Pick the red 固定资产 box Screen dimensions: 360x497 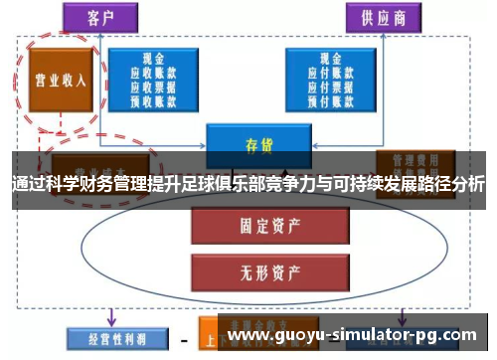[x=253, y=226]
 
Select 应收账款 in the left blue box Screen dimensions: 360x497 [x=154, y=73]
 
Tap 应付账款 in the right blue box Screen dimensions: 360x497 [x=323, y=73]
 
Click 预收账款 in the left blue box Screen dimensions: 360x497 [x=154, y=99]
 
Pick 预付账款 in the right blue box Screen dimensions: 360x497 [x=323, y=99]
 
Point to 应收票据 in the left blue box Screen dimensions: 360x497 [x=154, y=87]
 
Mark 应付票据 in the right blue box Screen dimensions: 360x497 [x=323, y=87]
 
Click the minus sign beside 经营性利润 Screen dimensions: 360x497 [x=183, y=338]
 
